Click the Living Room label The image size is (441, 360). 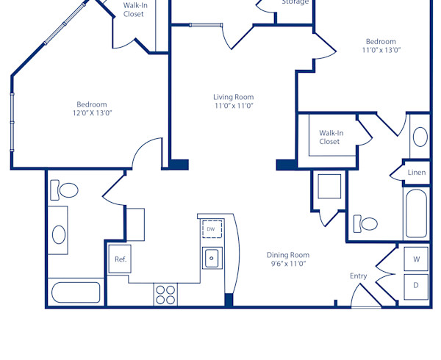[x=233, y=97]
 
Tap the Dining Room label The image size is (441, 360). [x=287, y=255]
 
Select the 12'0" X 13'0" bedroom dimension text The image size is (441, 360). [x=92, y=113]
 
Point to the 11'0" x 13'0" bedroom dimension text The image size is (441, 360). [x=381, y=50]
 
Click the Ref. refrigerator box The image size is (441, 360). [x=120, y=259]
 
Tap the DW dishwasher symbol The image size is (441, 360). [x=212, y=229]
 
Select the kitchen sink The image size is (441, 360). [x=212, y=258]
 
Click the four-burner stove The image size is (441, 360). [x=165, y=294]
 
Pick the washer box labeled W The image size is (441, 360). [x=416, y=259]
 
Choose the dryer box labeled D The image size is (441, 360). [x=416, y=285]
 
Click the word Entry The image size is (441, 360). [x=358, y=276]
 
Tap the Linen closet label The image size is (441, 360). [x=417, y=173]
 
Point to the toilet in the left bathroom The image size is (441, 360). [x=65, y=191]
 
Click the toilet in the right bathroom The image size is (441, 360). [x=366, y=223]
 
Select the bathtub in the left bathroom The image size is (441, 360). [x=75, y=292]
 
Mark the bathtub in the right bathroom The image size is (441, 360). [x=416, y=213]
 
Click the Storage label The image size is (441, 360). [x=295, y=2]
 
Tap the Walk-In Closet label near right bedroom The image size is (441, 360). [x=329, y=137]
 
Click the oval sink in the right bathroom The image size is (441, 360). [x=419, y=137]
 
